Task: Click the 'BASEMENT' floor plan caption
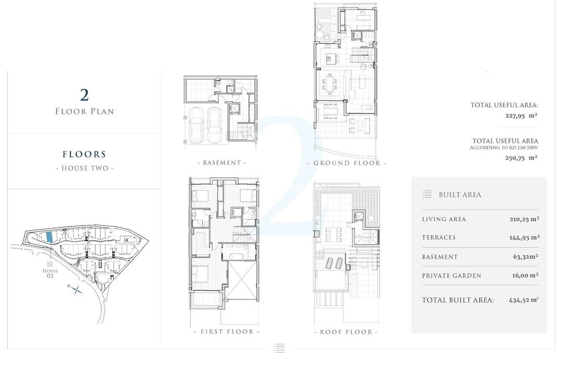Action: click(222, 163)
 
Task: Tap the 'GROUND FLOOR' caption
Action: click(347, 163)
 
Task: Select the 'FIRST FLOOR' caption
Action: click(226, 332)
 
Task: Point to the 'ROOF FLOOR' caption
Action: click(346, 332)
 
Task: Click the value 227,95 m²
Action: click(521, 116)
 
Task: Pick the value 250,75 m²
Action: click(521, 157)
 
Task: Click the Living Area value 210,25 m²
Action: click(524, 219)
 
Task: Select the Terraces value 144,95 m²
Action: click(524, 238)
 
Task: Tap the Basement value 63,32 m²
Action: click(526, 257)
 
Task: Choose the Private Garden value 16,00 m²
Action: click(525, 276)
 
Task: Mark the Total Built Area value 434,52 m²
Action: click(523, 300)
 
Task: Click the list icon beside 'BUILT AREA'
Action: click(427, 194)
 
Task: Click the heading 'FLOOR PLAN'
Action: click(84, 111)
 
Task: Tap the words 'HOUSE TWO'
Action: click(84, 168)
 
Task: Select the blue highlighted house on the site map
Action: click(49, 236)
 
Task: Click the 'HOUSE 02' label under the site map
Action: click(50, 273)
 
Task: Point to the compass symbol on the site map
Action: click(76, 290)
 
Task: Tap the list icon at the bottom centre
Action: click(279, 348)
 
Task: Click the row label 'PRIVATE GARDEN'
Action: click(452, 276)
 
